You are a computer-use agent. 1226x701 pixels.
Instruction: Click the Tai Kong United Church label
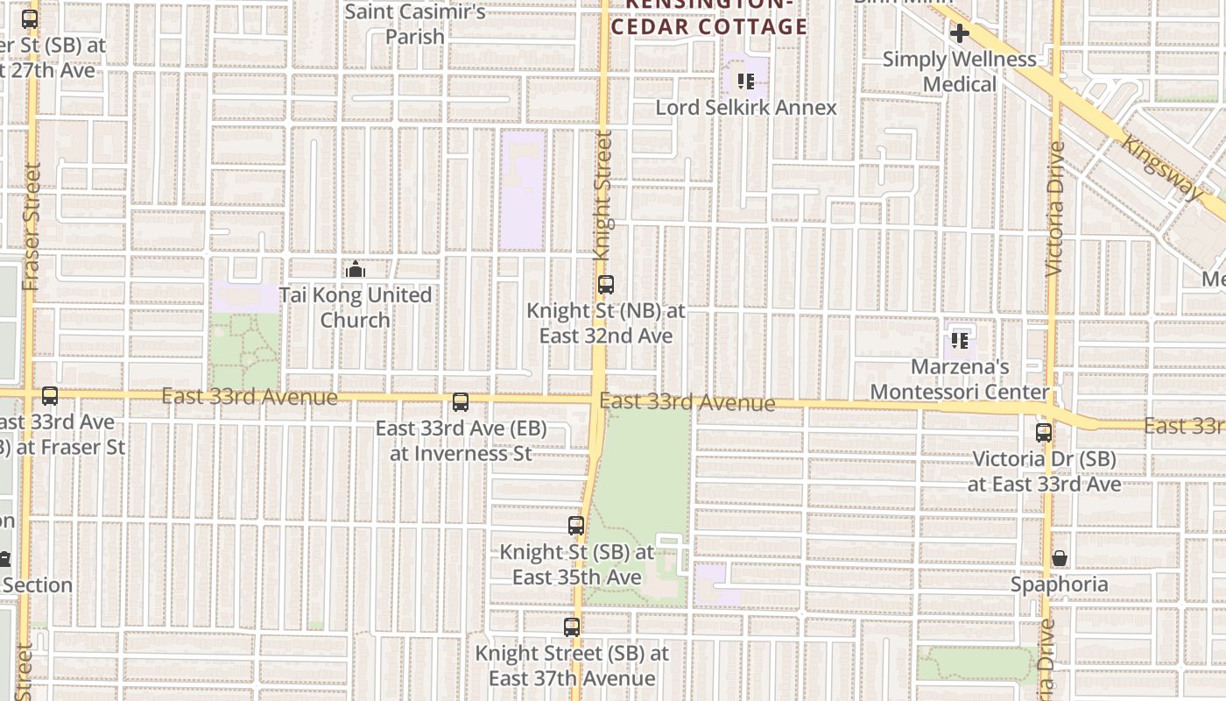click(x=355, y=308)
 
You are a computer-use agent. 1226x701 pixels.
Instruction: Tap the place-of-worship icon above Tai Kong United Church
click(x=355, y=269)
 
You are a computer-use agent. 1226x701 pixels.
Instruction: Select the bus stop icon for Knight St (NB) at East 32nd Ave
click(x=605, y=285)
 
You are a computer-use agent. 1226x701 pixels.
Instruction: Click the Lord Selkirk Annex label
click(x=746, y=108)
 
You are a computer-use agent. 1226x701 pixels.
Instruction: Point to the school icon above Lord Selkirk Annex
click(x=746, y=81)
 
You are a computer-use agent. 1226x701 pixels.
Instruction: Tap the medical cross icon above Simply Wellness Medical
click(x=959, y=34)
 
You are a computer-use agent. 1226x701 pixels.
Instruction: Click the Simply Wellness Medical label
click(x=959, y=72)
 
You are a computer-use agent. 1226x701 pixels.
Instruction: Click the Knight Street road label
click(x=602, y=195)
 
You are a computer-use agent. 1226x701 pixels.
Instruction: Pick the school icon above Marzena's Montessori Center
click(x=960, y=340)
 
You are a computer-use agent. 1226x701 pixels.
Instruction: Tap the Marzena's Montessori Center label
click(x=960, y=379)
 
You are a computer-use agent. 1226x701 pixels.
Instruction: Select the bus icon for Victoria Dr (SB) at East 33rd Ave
click(x=1043, y=433)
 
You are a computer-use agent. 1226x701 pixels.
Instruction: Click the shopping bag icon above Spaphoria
click(x=1059, y=558)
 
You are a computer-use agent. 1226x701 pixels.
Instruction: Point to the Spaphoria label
click(x=1059, y=584)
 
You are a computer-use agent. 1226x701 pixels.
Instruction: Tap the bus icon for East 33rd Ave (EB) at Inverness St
click(x=461, y=402)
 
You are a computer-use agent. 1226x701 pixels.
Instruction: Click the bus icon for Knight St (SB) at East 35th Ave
click(x=576, y=526)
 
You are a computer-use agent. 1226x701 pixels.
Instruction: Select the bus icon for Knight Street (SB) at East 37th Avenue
click(x=572, y=627)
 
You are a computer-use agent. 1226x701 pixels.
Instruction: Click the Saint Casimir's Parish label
click(x=415, y=25)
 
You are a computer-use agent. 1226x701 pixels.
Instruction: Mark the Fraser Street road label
click(x=32, y=226)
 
